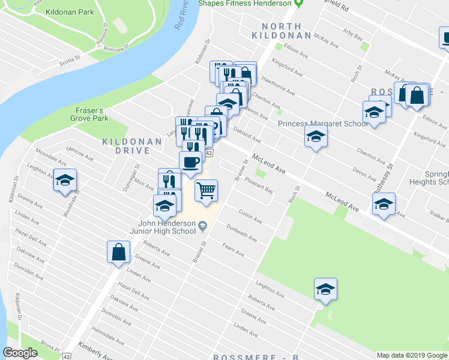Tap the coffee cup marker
pyautogui.click(x=190, y=162)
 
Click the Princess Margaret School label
pyautogui.click(x=323, y=124)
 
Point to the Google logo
pyautogui.click(x=20, y=353)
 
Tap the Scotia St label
pyautogui.click(x=70, y=59)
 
